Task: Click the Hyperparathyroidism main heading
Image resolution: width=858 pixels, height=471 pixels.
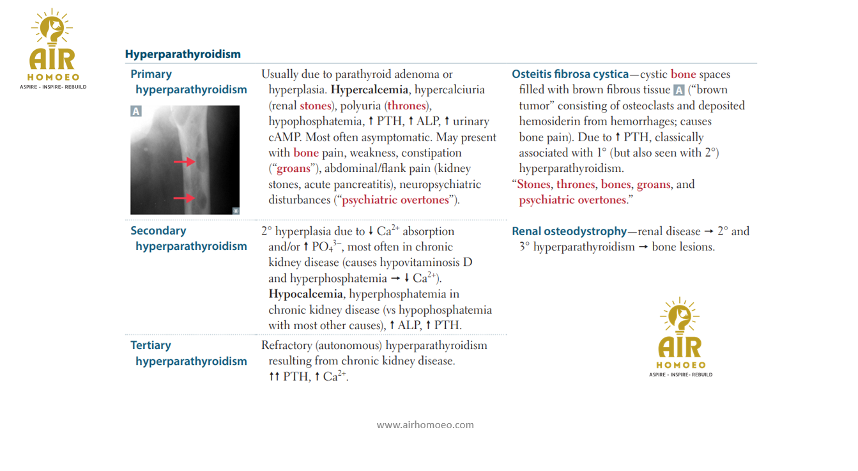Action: pyautogui.click(x=183, y=54)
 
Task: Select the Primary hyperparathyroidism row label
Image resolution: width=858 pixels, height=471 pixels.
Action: pyautogui.click(x=188, y=82)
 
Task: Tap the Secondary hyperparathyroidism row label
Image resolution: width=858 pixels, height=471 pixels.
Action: pyautogui.click(x=188, y=238)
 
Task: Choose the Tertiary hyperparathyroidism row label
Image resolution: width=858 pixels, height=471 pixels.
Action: pyautogui.click(x=188, y=353)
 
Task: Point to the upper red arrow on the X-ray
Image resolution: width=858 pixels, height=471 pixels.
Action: pyautogui.click(x=184, y=162)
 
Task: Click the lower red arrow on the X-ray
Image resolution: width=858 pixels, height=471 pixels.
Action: pyautogui.click(x=184, y=198)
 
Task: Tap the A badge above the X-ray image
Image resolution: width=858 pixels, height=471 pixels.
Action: pyautogui.click(x=136, y=111)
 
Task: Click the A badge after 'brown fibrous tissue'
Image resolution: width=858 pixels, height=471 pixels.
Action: pyautogui.click(x=679, y=90)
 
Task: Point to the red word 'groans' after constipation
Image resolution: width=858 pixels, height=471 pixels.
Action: pyautogui.click(x=293, y=169)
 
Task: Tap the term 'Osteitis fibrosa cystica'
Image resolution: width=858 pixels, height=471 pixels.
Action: pyautogui.click(x=570, y=74)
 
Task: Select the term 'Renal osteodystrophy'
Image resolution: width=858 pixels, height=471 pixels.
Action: pyautogui.click(x=569, y=231)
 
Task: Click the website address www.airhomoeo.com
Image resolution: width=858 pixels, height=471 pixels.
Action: pyautogui.click(x=425, y=424)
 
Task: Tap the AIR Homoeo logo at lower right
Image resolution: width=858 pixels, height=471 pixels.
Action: pyautogui.click(x=680, y=337)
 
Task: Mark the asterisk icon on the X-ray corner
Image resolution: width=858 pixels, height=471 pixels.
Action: pyautogui.click(x=236, y=210)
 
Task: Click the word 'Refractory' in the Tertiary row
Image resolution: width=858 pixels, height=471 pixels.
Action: pyautogui.click(x=288, y=345)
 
